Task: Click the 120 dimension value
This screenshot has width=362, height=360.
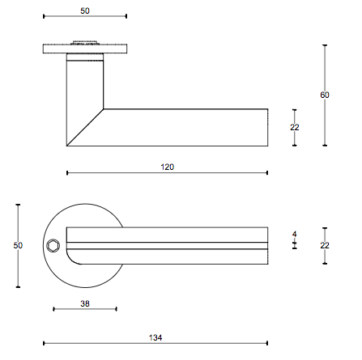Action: point(168,167)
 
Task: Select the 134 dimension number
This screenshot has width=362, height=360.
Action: point(155,337)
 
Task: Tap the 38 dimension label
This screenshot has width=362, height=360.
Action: point(85,303)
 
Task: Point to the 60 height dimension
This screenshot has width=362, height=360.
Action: point(325,95)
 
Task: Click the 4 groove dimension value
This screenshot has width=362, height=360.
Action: point(295,234)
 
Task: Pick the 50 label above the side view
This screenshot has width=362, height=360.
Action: point(85,11)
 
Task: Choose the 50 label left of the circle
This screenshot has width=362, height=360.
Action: point(18,245)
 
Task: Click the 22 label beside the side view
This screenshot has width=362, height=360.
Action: point(295,127)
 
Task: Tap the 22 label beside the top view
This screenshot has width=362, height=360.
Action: point(325,245)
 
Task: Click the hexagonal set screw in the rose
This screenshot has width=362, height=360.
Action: point(52,246)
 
